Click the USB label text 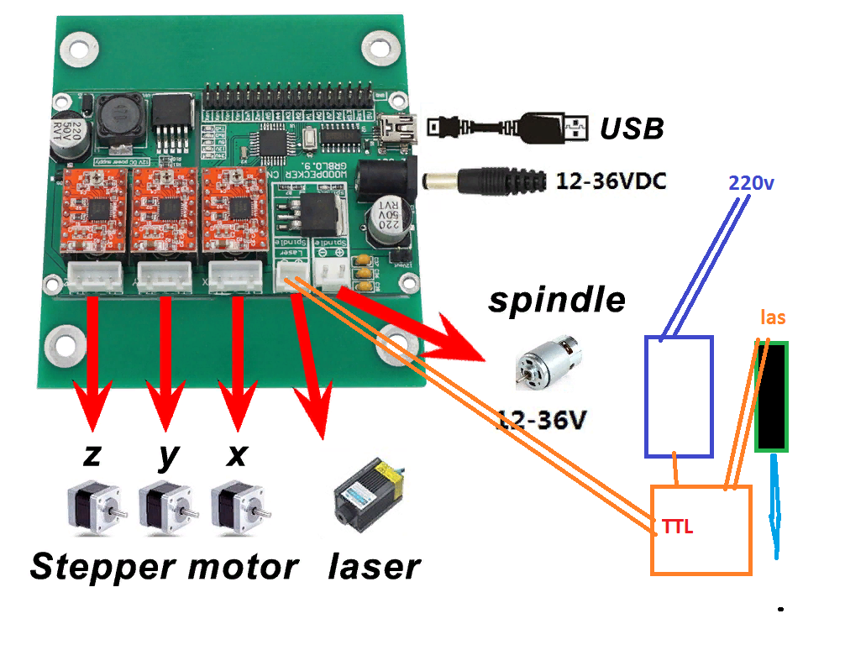631,128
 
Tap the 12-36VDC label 611,181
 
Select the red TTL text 678,527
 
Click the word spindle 557,300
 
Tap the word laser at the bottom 374,567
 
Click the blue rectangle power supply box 679,396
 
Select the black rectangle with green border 771,396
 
